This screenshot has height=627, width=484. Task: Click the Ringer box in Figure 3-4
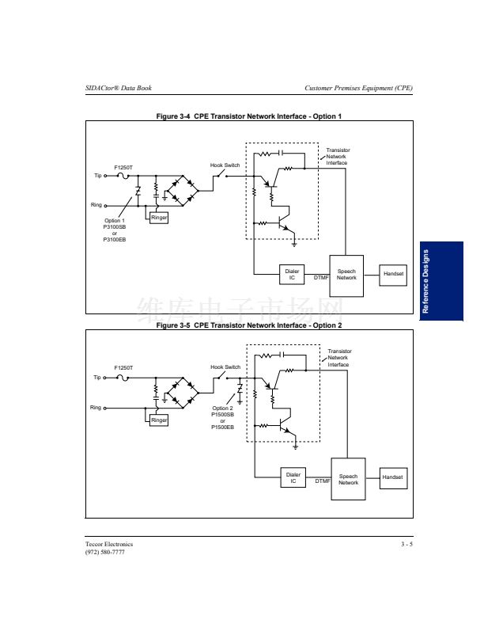158,216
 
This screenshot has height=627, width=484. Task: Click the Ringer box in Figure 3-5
159,420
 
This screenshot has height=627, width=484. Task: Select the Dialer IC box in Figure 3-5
293,477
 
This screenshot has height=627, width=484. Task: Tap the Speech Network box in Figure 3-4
346,275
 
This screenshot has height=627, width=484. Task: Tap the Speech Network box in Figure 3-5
348,479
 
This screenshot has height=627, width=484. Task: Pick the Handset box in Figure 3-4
393,274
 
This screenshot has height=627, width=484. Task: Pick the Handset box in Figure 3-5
393,477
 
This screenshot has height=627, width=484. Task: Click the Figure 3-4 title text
249,116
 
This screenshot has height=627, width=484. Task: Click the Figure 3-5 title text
249,325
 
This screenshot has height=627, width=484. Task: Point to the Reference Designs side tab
440,281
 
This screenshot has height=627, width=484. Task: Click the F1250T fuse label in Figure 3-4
123,167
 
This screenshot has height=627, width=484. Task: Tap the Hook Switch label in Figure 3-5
225,367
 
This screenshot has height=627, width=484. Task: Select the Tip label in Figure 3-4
98,176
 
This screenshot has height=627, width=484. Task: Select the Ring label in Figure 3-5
96,408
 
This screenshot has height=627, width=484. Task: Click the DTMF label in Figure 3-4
321,278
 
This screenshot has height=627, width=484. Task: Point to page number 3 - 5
406,544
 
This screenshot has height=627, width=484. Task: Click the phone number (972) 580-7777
105,552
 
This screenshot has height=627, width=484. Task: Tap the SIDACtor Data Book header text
119,87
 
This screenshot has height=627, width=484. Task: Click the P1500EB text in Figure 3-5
223,427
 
